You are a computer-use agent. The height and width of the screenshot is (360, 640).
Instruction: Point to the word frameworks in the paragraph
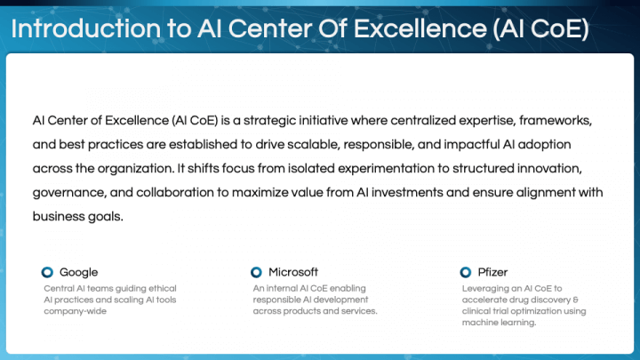coord(551,119)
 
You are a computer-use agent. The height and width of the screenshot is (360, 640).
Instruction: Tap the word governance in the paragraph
coord(68,191)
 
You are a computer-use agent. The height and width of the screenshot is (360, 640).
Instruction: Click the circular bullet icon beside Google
coord(47,272)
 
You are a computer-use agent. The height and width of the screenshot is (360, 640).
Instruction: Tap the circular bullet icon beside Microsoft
coord(256,272)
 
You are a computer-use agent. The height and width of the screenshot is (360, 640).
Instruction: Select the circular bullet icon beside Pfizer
coord(465,272)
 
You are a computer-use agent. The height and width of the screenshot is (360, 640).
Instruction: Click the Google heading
coord(78,272)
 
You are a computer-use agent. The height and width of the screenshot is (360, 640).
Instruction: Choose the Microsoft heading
coord(292,272)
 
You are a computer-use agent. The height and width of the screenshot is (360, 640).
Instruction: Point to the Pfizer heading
coord(492,272)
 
